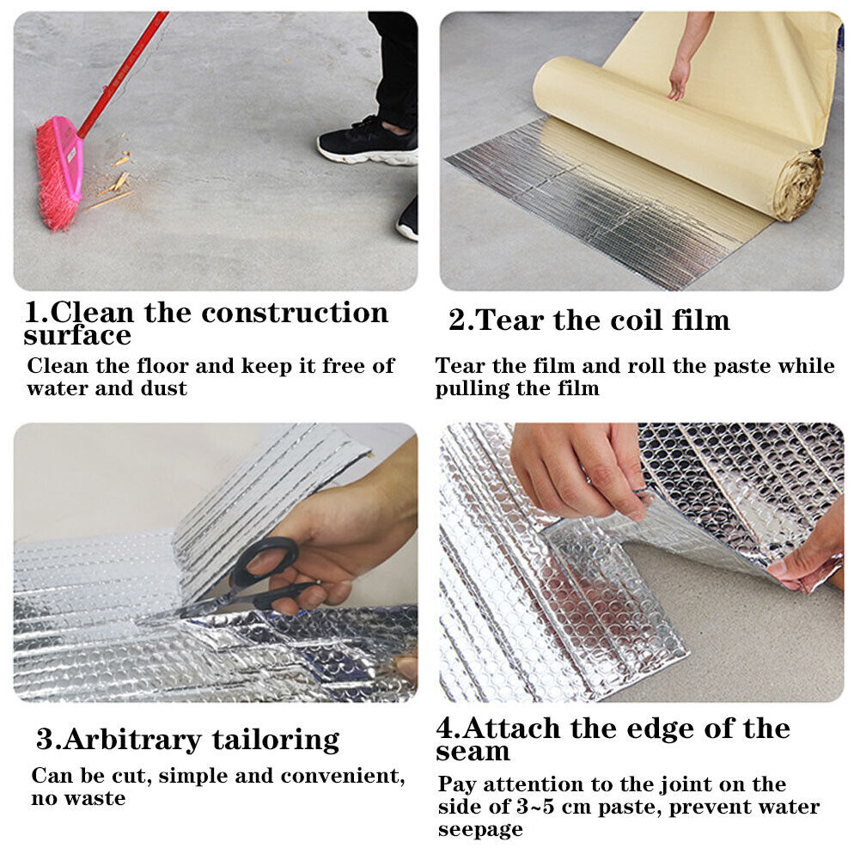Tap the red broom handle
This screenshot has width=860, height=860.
coord(124,73)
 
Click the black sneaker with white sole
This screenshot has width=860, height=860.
coord(369,143)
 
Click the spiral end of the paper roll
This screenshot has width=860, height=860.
coord(799,186)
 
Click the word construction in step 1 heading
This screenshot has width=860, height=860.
coord(295,314)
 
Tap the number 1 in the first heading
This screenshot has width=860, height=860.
coord(33,313)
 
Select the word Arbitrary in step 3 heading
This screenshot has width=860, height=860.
coord(132,741)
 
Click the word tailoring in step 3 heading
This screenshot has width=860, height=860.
coord(276,741)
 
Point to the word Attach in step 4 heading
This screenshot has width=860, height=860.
coord(512,729)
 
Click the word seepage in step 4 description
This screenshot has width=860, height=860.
coord(480,830)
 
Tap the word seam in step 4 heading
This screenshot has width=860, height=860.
coord(473,753)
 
